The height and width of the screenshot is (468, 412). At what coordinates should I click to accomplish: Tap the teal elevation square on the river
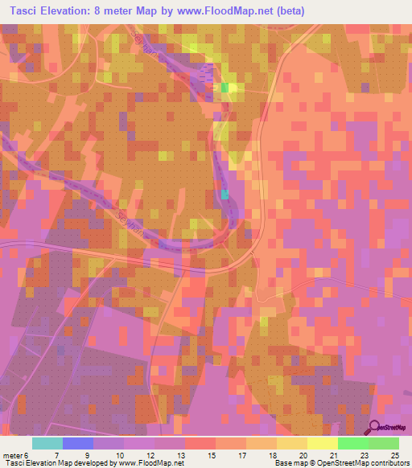click(x=225, y=194)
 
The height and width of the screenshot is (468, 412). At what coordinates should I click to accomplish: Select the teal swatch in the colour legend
click(x=47, y=443)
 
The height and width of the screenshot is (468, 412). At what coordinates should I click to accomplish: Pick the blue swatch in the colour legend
click(x=78, y=443)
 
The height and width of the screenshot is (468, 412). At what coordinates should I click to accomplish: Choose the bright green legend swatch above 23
click(x=353, y=443)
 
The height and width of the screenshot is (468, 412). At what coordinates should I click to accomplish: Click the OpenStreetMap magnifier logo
click(x=373, y=428)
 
